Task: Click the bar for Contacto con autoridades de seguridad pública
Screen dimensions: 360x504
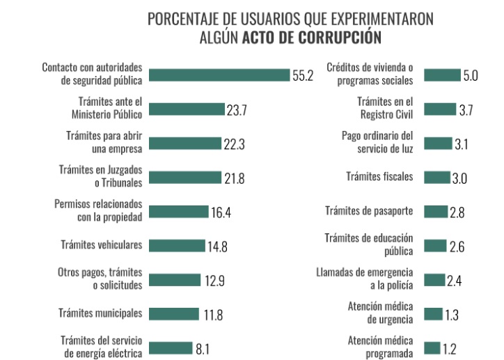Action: pyautogui.click(x=219, y=75)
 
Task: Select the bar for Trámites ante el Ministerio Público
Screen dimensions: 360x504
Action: pyautogui.click(x=187, y=109)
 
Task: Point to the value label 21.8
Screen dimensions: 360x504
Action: pyautogui.click(x=233, y=178)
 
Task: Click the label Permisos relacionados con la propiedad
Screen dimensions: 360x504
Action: pyautogui.click(x=98, y=210)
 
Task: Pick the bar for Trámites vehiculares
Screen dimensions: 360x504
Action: pyautogui.click(x=177, y=245)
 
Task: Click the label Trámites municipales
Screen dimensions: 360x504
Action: pyautogui.click(x=100, y=313)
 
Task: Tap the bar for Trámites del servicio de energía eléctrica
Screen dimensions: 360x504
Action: pyautogui.click(x=171, y=347)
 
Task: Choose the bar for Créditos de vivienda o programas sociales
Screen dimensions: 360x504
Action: pyautogui.click(x=441, y=75)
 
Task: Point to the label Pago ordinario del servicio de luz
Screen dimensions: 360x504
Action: pyautogui.click(x=377, y=142)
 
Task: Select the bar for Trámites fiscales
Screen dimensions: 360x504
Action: pyautogui.click(x=436, y=178)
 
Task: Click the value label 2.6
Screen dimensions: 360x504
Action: pyautogui.click(x=457, y=246)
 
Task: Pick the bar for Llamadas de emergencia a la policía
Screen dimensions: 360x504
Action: pyautogui.click(x=434, y=280)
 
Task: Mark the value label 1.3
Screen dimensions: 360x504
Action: pyautogui.click(x=452, y=314)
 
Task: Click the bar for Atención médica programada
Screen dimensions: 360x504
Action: pyautogui.click(x=432, y=347)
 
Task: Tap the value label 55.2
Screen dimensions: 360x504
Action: pyautogui.click(x=303, y=76)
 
